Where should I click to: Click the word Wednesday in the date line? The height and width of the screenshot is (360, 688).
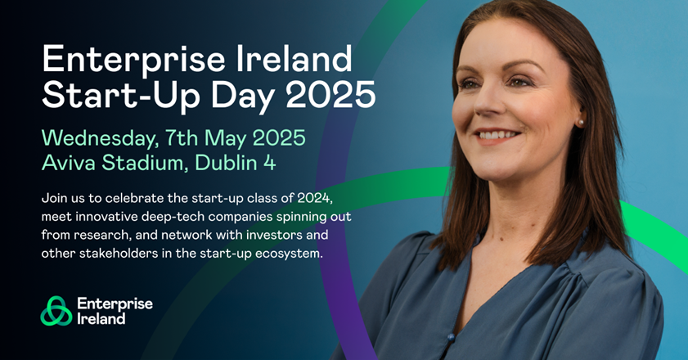click(x=99, y=138)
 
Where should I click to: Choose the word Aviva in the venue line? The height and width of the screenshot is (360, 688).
click(x=69, y=163)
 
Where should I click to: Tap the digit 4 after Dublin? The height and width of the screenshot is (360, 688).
click(x=269, y=163)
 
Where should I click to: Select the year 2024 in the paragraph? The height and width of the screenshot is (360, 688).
click(x=316, y=199)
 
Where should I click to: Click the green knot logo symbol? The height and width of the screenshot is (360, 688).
click(x=56, y=311)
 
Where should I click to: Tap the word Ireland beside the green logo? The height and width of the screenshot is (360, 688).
click(x=101, y=318)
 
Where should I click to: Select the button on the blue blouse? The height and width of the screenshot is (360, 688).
click(x=451, y=337)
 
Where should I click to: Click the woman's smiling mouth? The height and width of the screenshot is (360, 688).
click(x=497, y=135)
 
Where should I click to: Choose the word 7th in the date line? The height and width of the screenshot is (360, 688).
click(x=182, y=138)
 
